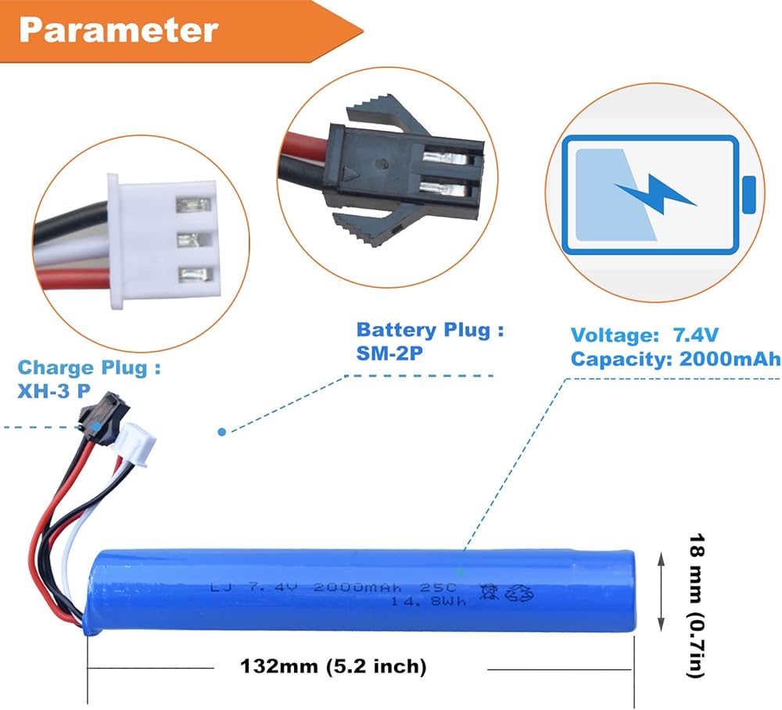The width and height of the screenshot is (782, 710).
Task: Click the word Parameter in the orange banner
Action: tap(118, 30)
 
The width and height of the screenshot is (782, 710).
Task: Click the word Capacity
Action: tap(616, 359)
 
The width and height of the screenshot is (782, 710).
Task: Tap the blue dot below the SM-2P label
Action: tap(222, 431)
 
